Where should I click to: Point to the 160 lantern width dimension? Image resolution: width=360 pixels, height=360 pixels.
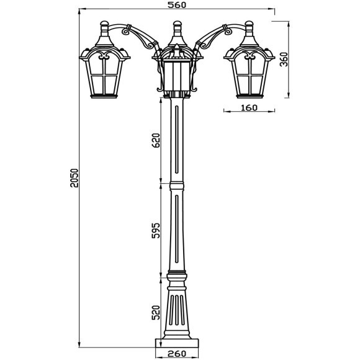(x=248, y=107)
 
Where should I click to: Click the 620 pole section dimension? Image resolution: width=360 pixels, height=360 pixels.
(x=156, y=141)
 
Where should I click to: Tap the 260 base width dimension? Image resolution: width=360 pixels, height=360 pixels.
(x=178, y=354)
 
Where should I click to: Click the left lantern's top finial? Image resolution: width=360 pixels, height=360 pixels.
(x=105, y=27)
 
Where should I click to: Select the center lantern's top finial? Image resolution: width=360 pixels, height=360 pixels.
(x=177, y=27)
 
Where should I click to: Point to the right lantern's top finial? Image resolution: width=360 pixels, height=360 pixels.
(x=250, y=27)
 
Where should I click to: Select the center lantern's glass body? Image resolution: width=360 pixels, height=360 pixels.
(x=178, y=74)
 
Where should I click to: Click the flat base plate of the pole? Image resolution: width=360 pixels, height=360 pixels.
(x=178, y=342)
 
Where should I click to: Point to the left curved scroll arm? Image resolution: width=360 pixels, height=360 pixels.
(x=140, y=37)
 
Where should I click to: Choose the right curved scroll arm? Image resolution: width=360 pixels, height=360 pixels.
(x=215, y=37)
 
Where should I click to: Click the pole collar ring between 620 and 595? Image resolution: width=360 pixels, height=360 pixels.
(x=178, y=185)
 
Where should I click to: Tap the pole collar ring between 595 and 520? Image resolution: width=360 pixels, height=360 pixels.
(x=178, y=276)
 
